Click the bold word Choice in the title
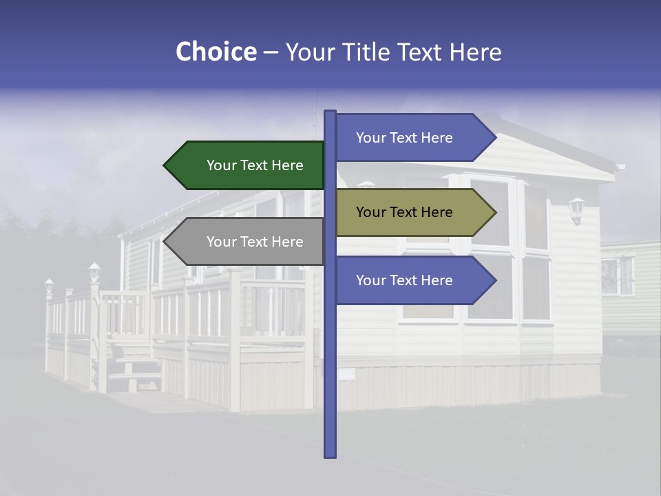click(216, 52)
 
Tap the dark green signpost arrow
click(244, 165)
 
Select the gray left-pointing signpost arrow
click(244, 242)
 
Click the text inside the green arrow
click(255, 165)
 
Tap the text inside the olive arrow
click(404, 212)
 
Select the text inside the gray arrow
click(255, 242)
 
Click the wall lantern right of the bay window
click(576, 208)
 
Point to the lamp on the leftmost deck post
click(49, 285)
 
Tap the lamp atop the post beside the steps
click(94, 270)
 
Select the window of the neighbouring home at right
click(617, 276)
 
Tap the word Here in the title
click(475, 52)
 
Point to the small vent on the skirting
click(346, 374)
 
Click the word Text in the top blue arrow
click(403, 138)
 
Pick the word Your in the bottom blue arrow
click(370, 280)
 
